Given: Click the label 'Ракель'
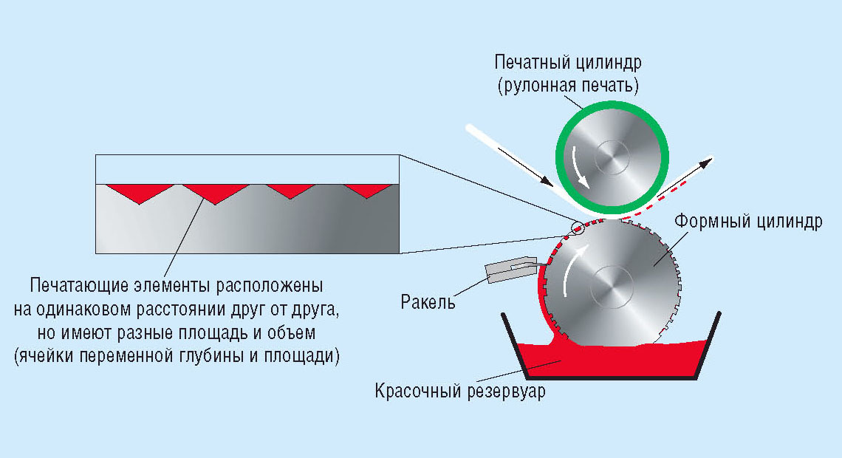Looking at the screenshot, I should pos(428,302).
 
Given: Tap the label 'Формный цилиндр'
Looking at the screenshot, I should pos(747,222).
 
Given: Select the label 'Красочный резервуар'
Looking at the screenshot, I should pos(459,392).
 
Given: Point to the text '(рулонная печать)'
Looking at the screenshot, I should pos(567,86).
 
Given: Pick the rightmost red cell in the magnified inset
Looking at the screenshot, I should pos(367,190).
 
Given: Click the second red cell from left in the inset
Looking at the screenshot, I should pos(214,192).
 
